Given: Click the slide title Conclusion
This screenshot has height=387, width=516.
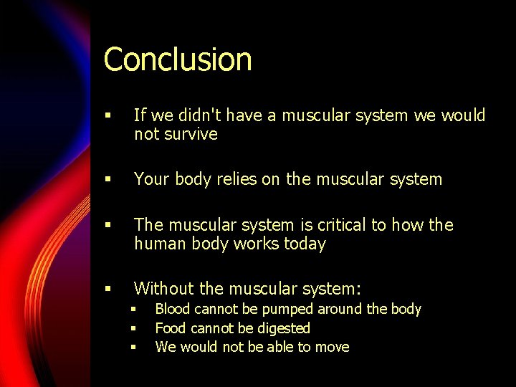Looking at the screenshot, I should pyautogui.click(x=178, y=59).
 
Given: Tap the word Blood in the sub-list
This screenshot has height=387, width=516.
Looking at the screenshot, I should pyautogui.click(x=173, y=309).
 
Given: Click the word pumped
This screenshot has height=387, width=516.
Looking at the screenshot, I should pyautogui.click(x=286, y=309).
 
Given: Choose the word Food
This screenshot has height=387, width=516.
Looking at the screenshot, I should pyautogui.click(x=170, y=328).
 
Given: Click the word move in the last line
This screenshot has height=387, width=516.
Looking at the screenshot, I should pyautogui.click(x=332, y=347).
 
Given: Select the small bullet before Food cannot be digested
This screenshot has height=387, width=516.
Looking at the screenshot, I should pyautogui.click(x=133, y=329).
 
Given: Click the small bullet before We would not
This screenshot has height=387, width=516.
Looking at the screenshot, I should pyautogui.click(x=133, y=348).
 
